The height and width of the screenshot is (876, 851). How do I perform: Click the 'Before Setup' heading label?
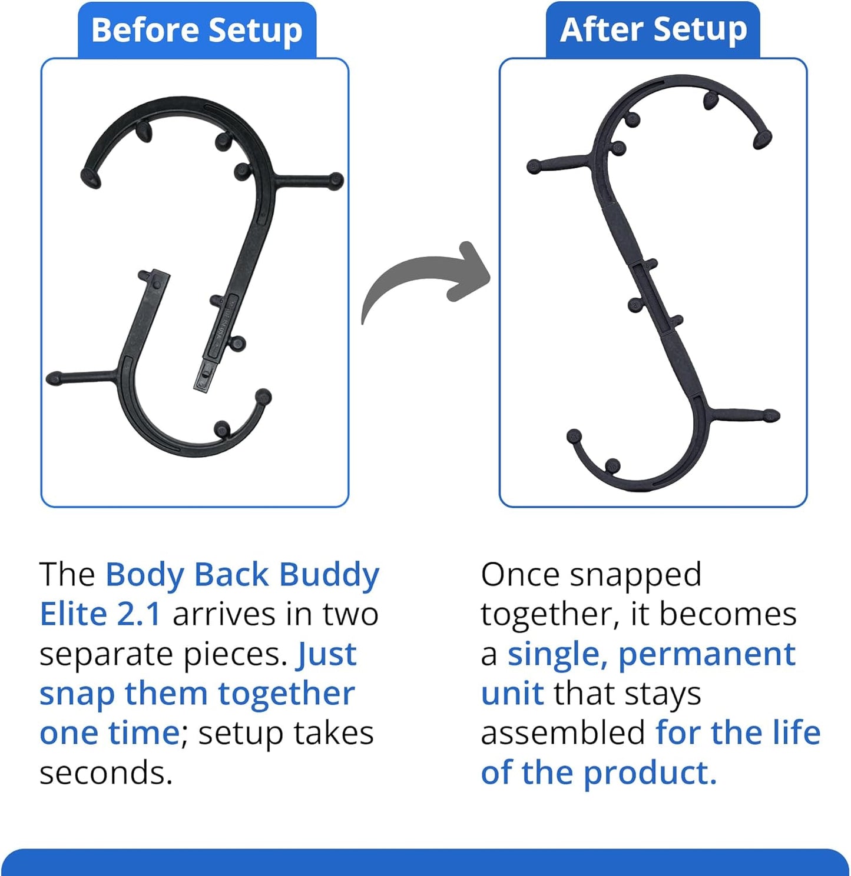pos(197,31)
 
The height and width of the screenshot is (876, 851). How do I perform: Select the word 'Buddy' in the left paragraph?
pos(329,575)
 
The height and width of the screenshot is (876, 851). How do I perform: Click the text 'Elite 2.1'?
pos(100,614)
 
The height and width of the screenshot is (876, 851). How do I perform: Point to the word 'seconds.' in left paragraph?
pos(106,773)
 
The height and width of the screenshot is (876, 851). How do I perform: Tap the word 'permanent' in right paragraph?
pos(707,655)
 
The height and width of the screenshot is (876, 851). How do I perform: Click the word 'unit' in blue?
pos(512,694)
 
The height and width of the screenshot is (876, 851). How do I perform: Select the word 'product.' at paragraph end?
pos(650,773)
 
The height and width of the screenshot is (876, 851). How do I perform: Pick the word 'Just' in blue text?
pos(327,654)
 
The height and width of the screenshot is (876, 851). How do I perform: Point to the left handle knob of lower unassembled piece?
pos(54,378)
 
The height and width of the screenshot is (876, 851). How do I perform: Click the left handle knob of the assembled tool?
pos(534,166)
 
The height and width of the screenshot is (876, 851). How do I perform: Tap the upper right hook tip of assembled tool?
pos(763,139)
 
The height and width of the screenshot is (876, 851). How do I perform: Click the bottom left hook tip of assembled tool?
pos(574,437)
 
